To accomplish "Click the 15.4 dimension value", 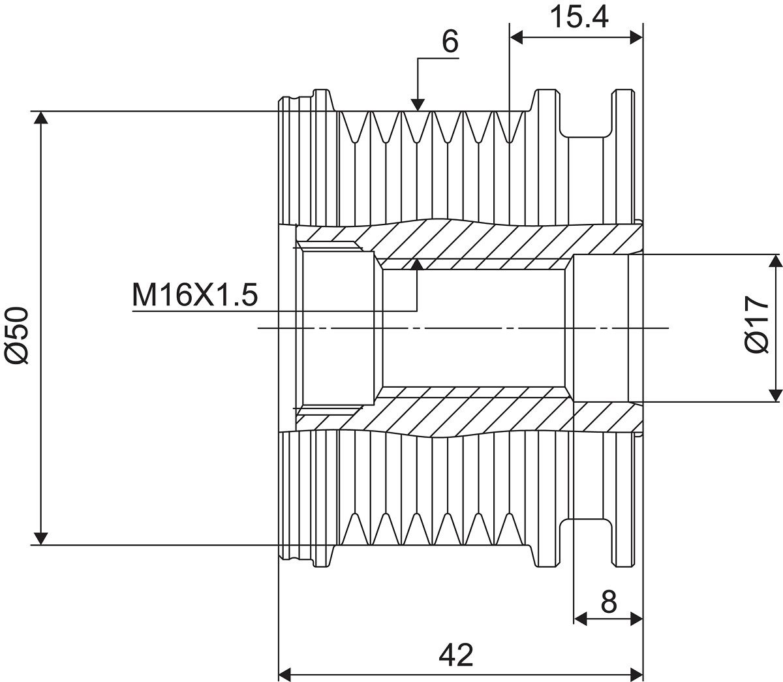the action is (579, 18).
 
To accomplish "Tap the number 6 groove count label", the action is (450, 42).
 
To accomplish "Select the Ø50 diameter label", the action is (17, 335).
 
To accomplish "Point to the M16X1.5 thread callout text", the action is (195, 295).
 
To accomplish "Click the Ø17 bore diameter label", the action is (757, 325).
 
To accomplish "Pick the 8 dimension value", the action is (609, 601).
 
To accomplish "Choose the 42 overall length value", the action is (456, 655).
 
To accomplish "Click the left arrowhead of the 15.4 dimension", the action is (516, 38).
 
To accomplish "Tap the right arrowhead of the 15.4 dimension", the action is (636, 38).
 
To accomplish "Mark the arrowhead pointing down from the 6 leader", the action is (418, 104).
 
